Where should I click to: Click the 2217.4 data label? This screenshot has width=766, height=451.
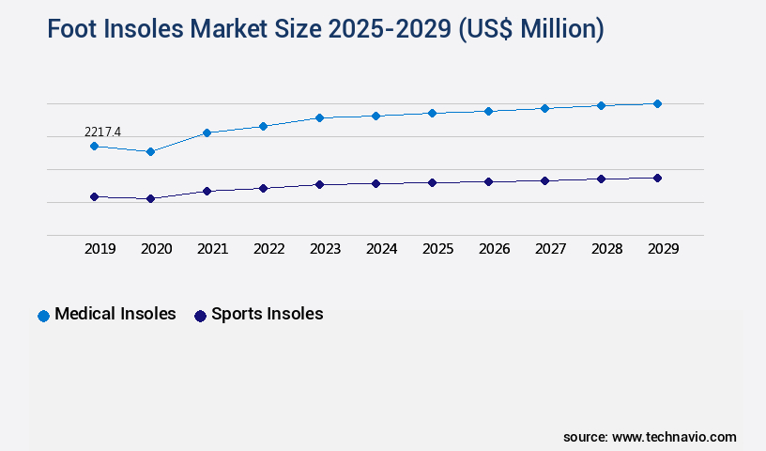click(102, 132)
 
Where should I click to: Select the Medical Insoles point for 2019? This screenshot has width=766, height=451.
click(94, 147)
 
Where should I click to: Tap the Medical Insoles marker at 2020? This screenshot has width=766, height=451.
click(150, 151)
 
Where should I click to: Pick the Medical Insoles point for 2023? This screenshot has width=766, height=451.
click(319, 118)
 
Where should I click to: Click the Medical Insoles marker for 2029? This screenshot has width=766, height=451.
click(657, 103)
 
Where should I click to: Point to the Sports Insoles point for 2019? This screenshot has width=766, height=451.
click(94, 196)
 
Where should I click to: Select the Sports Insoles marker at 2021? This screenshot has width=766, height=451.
click(207, 191)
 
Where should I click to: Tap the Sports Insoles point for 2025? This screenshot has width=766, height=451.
click(432, 182)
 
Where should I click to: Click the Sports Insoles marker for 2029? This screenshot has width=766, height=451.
click(657, 178)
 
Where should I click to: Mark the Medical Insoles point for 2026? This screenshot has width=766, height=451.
click(488, 111)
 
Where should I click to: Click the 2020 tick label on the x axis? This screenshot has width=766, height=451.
click(156, 249)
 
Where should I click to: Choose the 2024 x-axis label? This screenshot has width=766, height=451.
click(381, 249)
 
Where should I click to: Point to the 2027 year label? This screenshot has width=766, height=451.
click(550, 249)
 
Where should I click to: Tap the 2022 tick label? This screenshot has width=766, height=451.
click(268, 249)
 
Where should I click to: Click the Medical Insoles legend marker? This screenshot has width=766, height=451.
click(43, 316)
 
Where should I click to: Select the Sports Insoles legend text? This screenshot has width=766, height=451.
click(267, 315)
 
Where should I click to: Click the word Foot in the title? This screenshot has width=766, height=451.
click(74, 30)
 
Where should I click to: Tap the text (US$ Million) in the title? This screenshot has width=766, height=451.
click(529, 30)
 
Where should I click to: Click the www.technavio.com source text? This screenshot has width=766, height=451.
click(674, 437)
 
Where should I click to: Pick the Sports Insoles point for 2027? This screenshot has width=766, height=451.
click(544, 180)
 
